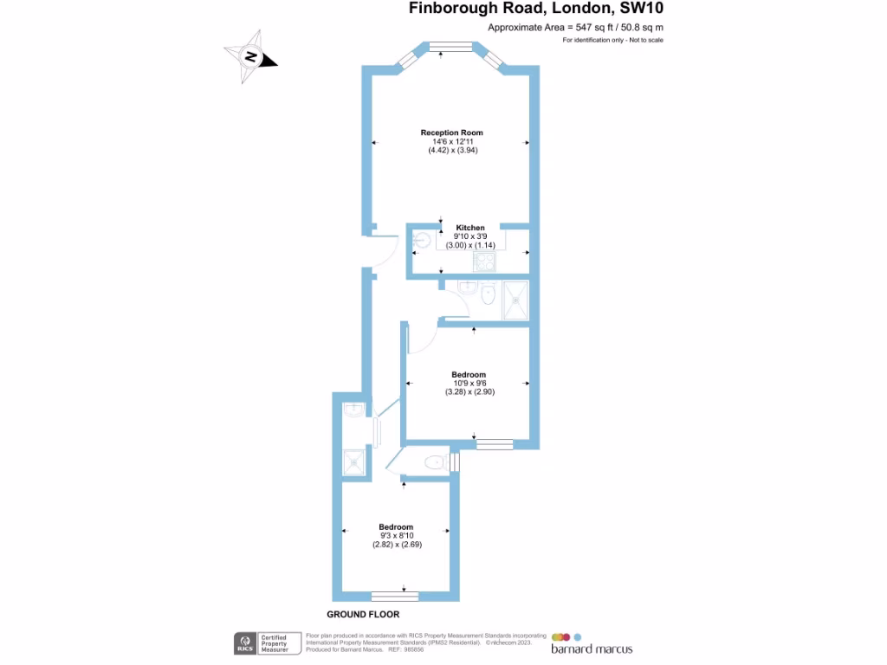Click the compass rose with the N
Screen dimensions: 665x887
point(250,58)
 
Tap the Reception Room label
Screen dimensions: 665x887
point(451,132)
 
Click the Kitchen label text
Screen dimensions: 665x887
point(470,228)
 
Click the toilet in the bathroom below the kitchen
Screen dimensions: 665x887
point(487,295)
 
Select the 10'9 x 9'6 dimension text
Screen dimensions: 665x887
point(469,384)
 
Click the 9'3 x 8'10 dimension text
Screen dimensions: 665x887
point(396,536)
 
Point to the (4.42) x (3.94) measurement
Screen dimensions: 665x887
point(453,150)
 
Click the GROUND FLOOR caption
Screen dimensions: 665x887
point(363,614)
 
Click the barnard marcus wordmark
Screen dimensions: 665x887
point(592,649)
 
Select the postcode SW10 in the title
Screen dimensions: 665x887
point(643,10)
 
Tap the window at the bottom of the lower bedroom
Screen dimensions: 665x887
point(395,596)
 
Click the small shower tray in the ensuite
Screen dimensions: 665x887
point(354,463)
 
